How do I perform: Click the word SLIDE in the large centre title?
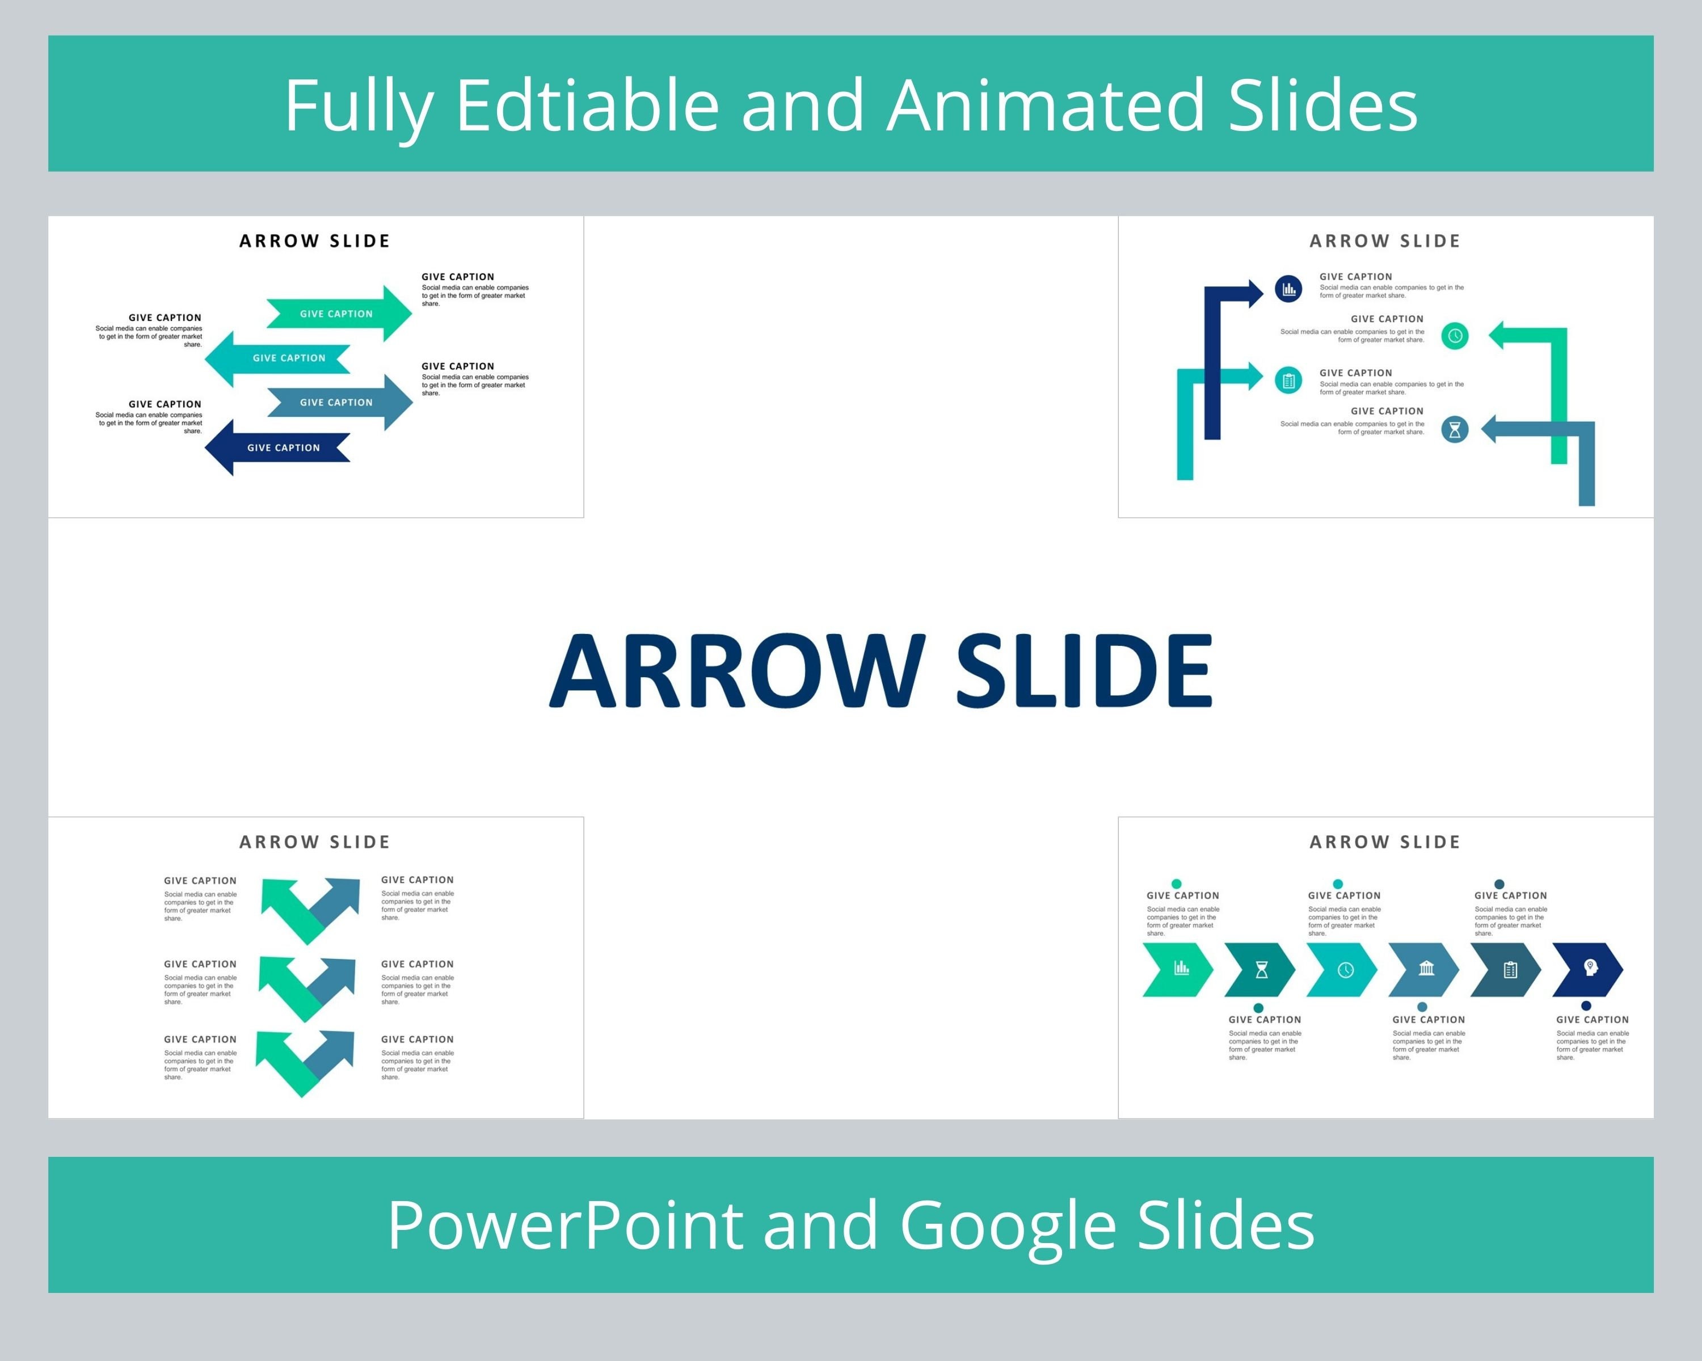pyautogui.click(x=1083, y=671)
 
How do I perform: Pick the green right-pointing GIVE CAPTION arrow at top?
pyautogui.click(x=339, y=313)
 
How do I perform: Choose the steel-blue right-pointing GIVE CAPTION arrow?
pyautogui.click(x=339, y=403)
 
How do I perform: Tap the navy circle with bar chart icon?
pyautogui.click(x=1288, y=289)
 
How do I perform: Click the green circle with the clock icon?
pyautogui.click(x=1454, y=335)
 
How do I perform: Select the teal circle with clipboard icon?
pyautogui.click(x=1288, y=381)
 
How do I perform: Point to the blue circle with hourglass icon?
pyautogui.click(x=1454, y=429)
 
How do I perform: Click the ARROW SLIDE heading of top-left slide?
pyautogui.click(x=314, y=240)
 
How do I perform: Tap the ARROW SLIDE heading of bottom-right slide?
pyautogui.click(x=1385, y=842)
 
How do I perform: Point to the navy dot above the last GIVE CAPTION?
pyautogui.click(x=1586, y=1005)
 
